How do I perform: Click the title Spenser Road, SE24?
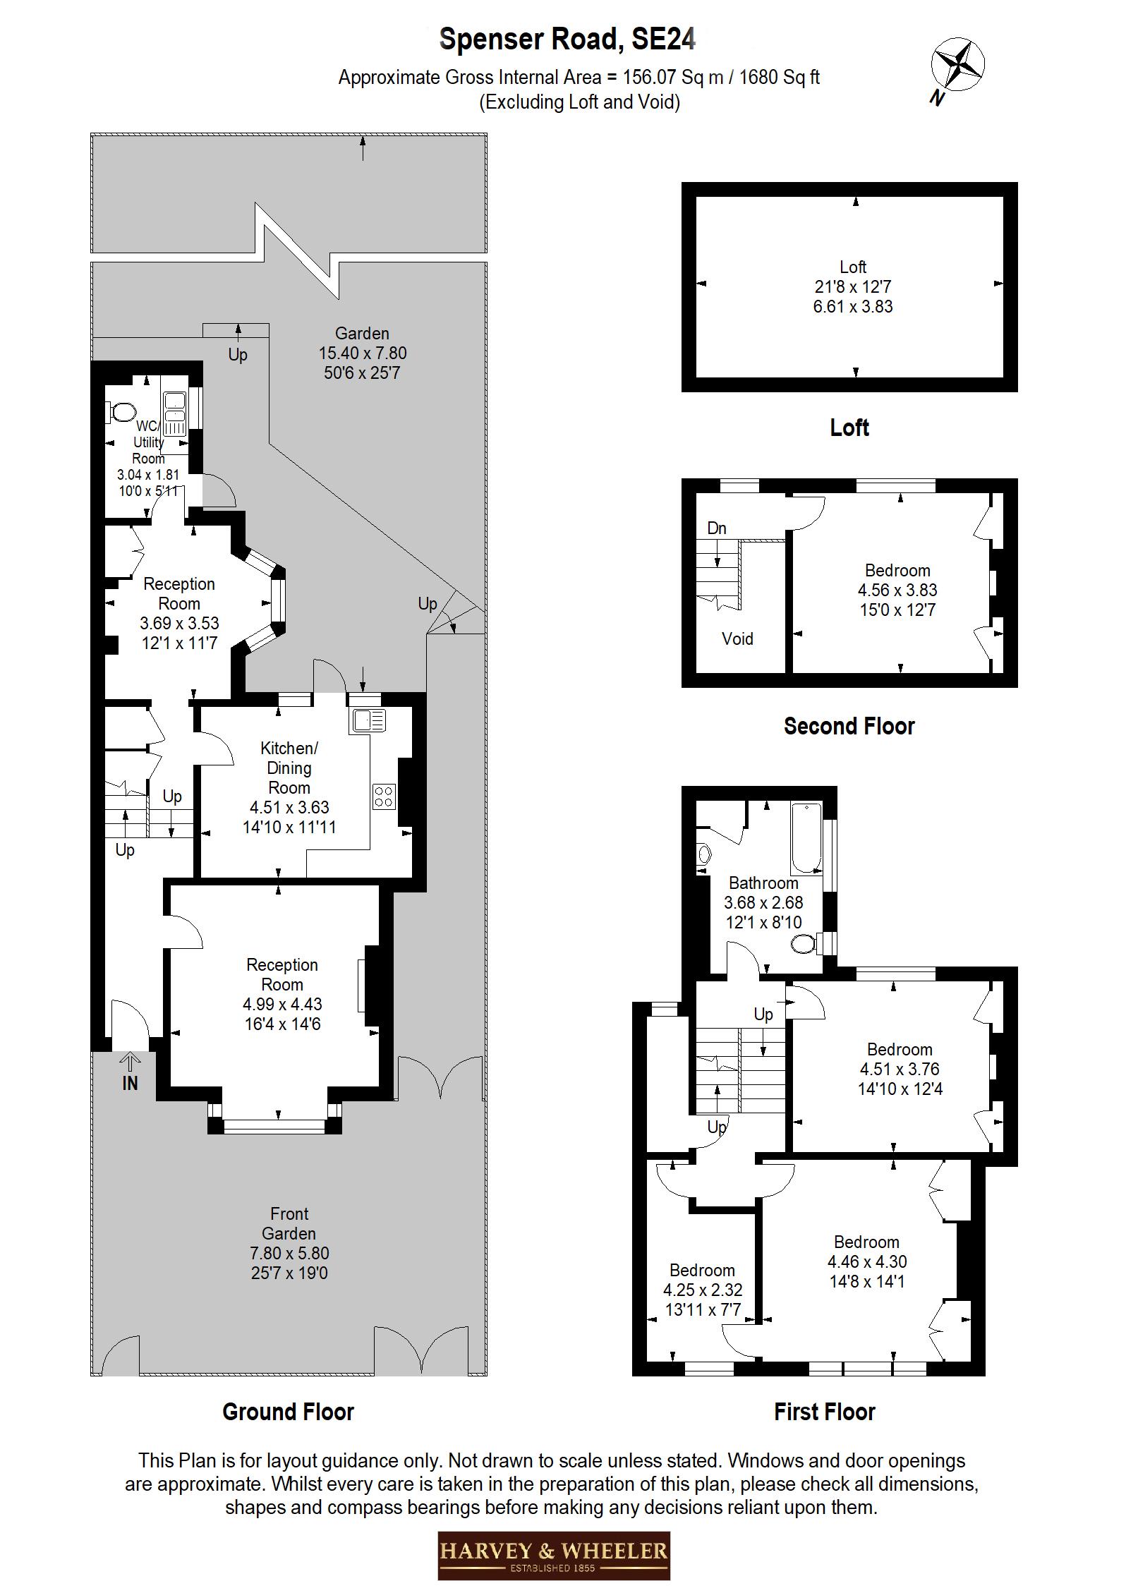(x=567, y=39)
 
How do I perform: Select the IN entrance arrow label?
(x=130, y=1082)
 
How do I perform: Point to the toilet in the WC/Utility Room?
(x=122, y=411)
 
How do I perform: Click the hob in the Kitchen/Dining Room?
(x=385, y=796)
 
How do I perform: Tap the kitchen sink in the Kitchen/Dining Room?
(x=368, y=720)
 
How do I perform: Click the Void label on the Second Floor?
(x=737, y=638)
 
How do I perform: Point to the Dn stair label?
(x=717, y=528)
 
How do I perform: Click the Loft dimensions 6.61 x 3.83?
(x=852, y=307)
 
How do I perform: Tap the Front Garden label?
(x=289, y=1223)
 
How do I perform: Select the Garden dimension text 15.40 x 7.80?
(x=363, y=353)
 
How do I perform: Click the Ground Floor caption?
(x=288, y=1412)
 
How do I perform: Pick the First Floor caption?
(x=824, y=1412)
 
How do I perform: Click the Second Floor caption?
(x=849, y=726)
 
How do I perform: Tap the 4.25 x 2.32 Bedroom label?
(x=702, y=1290)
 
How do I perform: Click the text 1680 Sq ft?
(x=779, y=77)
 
